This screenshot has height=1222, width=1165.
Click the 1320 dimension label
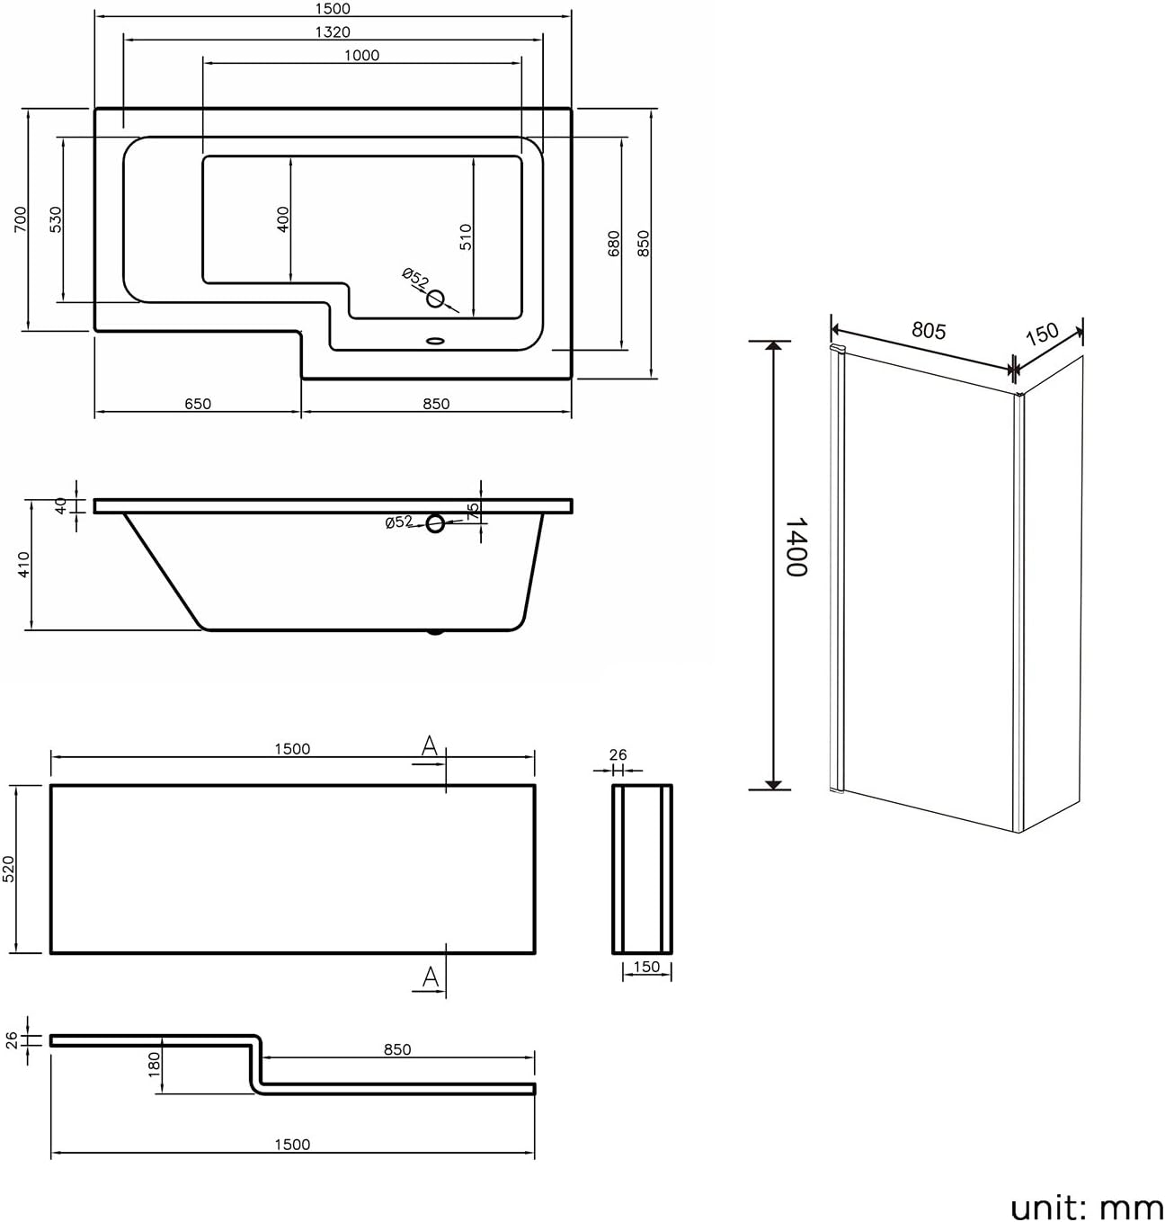tap(333, 32)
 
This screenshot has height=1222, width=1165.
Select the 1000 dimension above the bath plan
tap(361, 56)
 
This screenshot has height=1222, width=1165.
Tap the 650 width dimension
tap(198, 404)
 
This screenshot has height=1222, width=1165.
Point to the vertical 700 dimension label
tap(21, 219)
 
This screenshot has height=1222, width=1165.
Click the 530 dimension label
tap(55, 219)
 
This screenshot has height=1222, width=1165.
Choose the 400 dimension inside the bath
tap(283, 219)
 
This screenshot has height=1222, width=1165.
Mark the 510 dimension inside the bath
tap(466, 236)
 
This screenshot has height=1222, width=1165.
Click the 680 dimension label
tap(614, 243)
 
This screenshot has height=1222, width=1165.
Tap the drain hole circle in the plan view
tap(436, 299)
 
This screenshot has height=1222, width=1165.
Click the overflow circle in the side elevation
tap(435, 522)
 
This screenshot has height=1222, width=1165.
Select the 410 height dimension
tap(24, 564)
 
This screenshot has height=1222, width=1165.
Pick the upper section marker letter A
tap(430, 745)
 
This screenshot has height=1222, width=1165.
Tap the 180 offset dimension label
tap(154, 1065)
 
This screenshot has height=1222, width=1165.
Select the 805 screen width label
tap(928, 331)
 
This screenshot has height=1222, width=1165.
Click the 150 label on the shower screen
tap(1042, 334)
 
